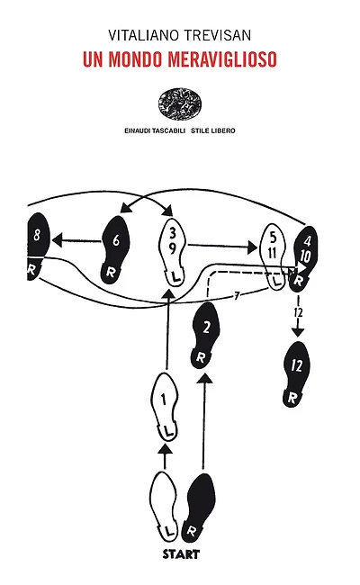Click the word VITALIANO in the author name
tap(143, 35)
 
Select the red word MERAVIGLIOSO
tap(222, 58)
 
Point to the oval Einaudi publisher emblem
tap(179, 103)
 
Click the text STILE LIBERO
tap(213, 131)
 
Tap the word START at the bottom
tap(181, 554)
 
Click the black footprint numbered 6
tap(115, 250)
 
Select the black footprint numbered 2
tap(204, 336)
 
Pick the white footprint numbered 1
tap(164, 407)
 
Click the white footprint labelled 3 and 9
tap(173, 252)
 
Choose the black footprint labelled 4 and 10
tap(304, 258)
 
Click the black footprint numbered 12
tap(296, 374)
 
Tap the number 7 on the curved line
tap(237, 296)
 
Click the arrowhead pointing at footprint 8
tap(58, 240)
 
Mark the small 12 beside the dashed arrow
tap(299, 312)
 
